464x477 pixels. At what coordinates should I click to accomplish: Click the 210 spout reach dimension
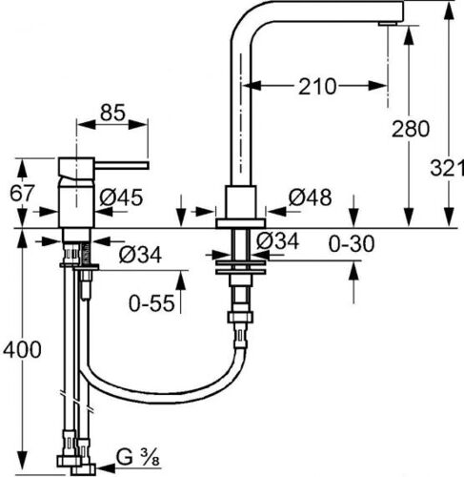(317, 86)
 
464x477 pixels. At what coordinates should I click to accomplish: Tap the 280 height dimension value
(411, 129)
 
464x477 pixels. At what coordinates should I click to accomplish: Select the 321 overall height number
(447, 168)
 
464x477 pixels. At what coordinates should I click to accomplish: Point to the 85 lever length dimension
(112, 113)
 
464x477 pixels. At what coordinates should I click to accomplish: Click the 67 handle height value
(22, 193)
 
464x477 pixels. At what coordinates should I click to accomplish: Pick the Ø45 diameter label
(121, 197)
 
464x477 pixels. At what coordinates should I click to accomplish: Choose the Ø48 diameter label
(310, 197)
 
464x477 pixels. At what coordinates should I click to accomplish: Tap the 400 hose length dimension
(22, 350)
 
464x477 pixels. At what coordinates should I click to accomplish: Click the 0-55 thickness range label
(151, 303)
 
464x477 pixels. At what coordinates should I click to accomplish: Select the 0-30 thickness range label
(352, 244)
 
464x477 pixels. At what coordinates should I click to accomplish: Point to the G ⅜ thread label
(137, 458)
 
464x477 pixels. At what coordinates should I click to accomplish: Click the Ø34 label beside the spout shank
(277, 241)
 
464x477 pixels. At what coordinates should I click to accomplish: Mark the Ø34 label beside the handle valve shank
(140, 255)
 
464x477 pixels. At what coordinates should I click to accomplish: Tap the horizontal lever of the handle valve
(122, 165)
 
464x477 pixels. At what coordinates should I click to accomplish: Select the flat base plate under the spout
(240, 223)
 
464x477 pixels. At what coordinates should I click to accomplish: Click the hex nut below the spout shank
(240, 318)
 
